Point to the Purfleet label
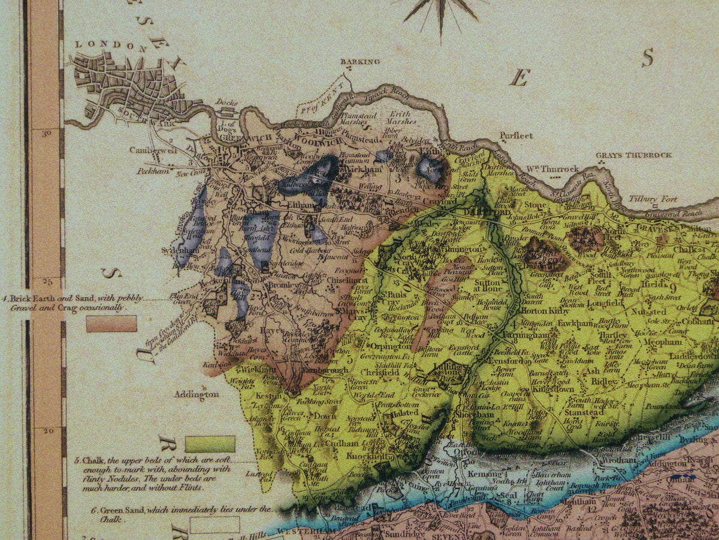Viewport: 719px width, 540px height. (x=519, y=136)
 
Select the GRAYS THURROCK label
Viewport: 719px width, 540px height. (x=634, y=155)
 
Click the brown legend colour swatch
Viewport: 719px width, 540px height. (x=111, y=324)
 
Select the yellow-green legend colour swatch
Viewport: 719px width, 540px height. (x=210, y=444)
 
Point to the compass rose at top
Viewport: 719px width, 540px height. (x=441, y=9)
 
